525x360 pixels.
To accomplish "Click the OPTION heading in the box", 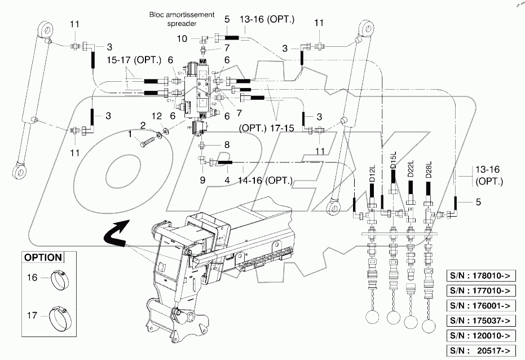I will click(x=43, y=257).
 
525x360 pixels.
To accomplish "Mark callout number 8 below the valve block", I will click(x=227, y=144).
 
